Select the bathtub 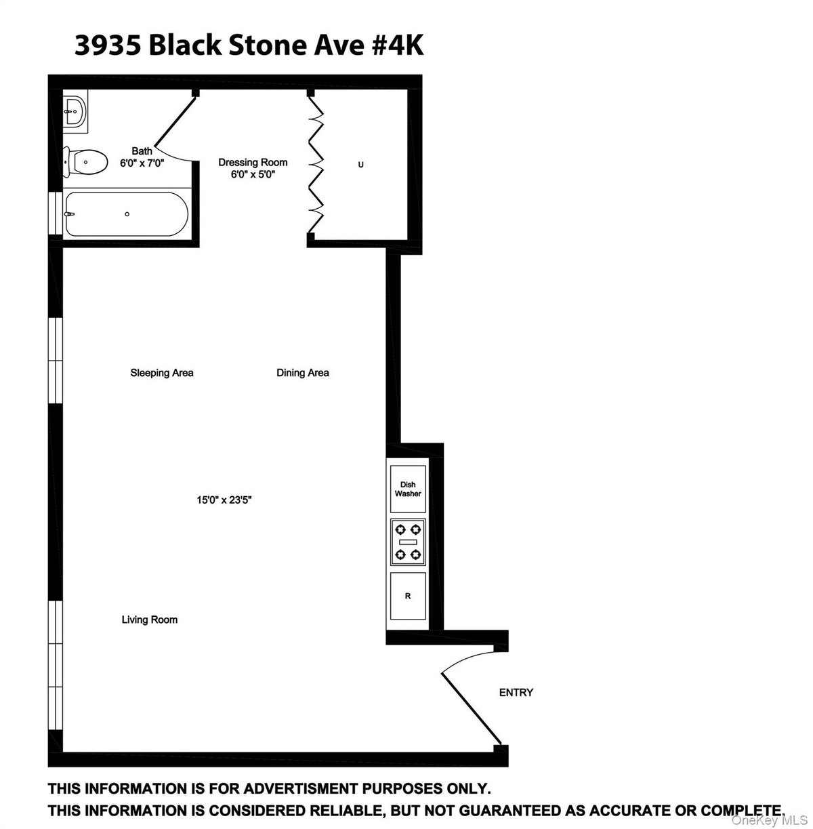[127, 214]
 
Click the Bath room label [142, 152]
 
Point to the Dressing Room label [253, 163]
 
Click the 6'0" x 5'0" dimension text [253, 174]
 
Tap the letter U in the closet [360, 165]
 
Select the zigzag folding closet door [315, 165]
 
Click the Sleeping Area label [162, 373]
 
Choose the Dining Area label [303, 373]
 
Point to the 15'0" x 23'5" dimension [224, 500]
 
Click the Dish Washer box [408, 489]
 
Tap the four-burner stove [409, 542]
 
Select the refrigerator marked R [408, 597]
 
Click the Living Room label [150, 620]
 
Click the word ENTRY [516, 693]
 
